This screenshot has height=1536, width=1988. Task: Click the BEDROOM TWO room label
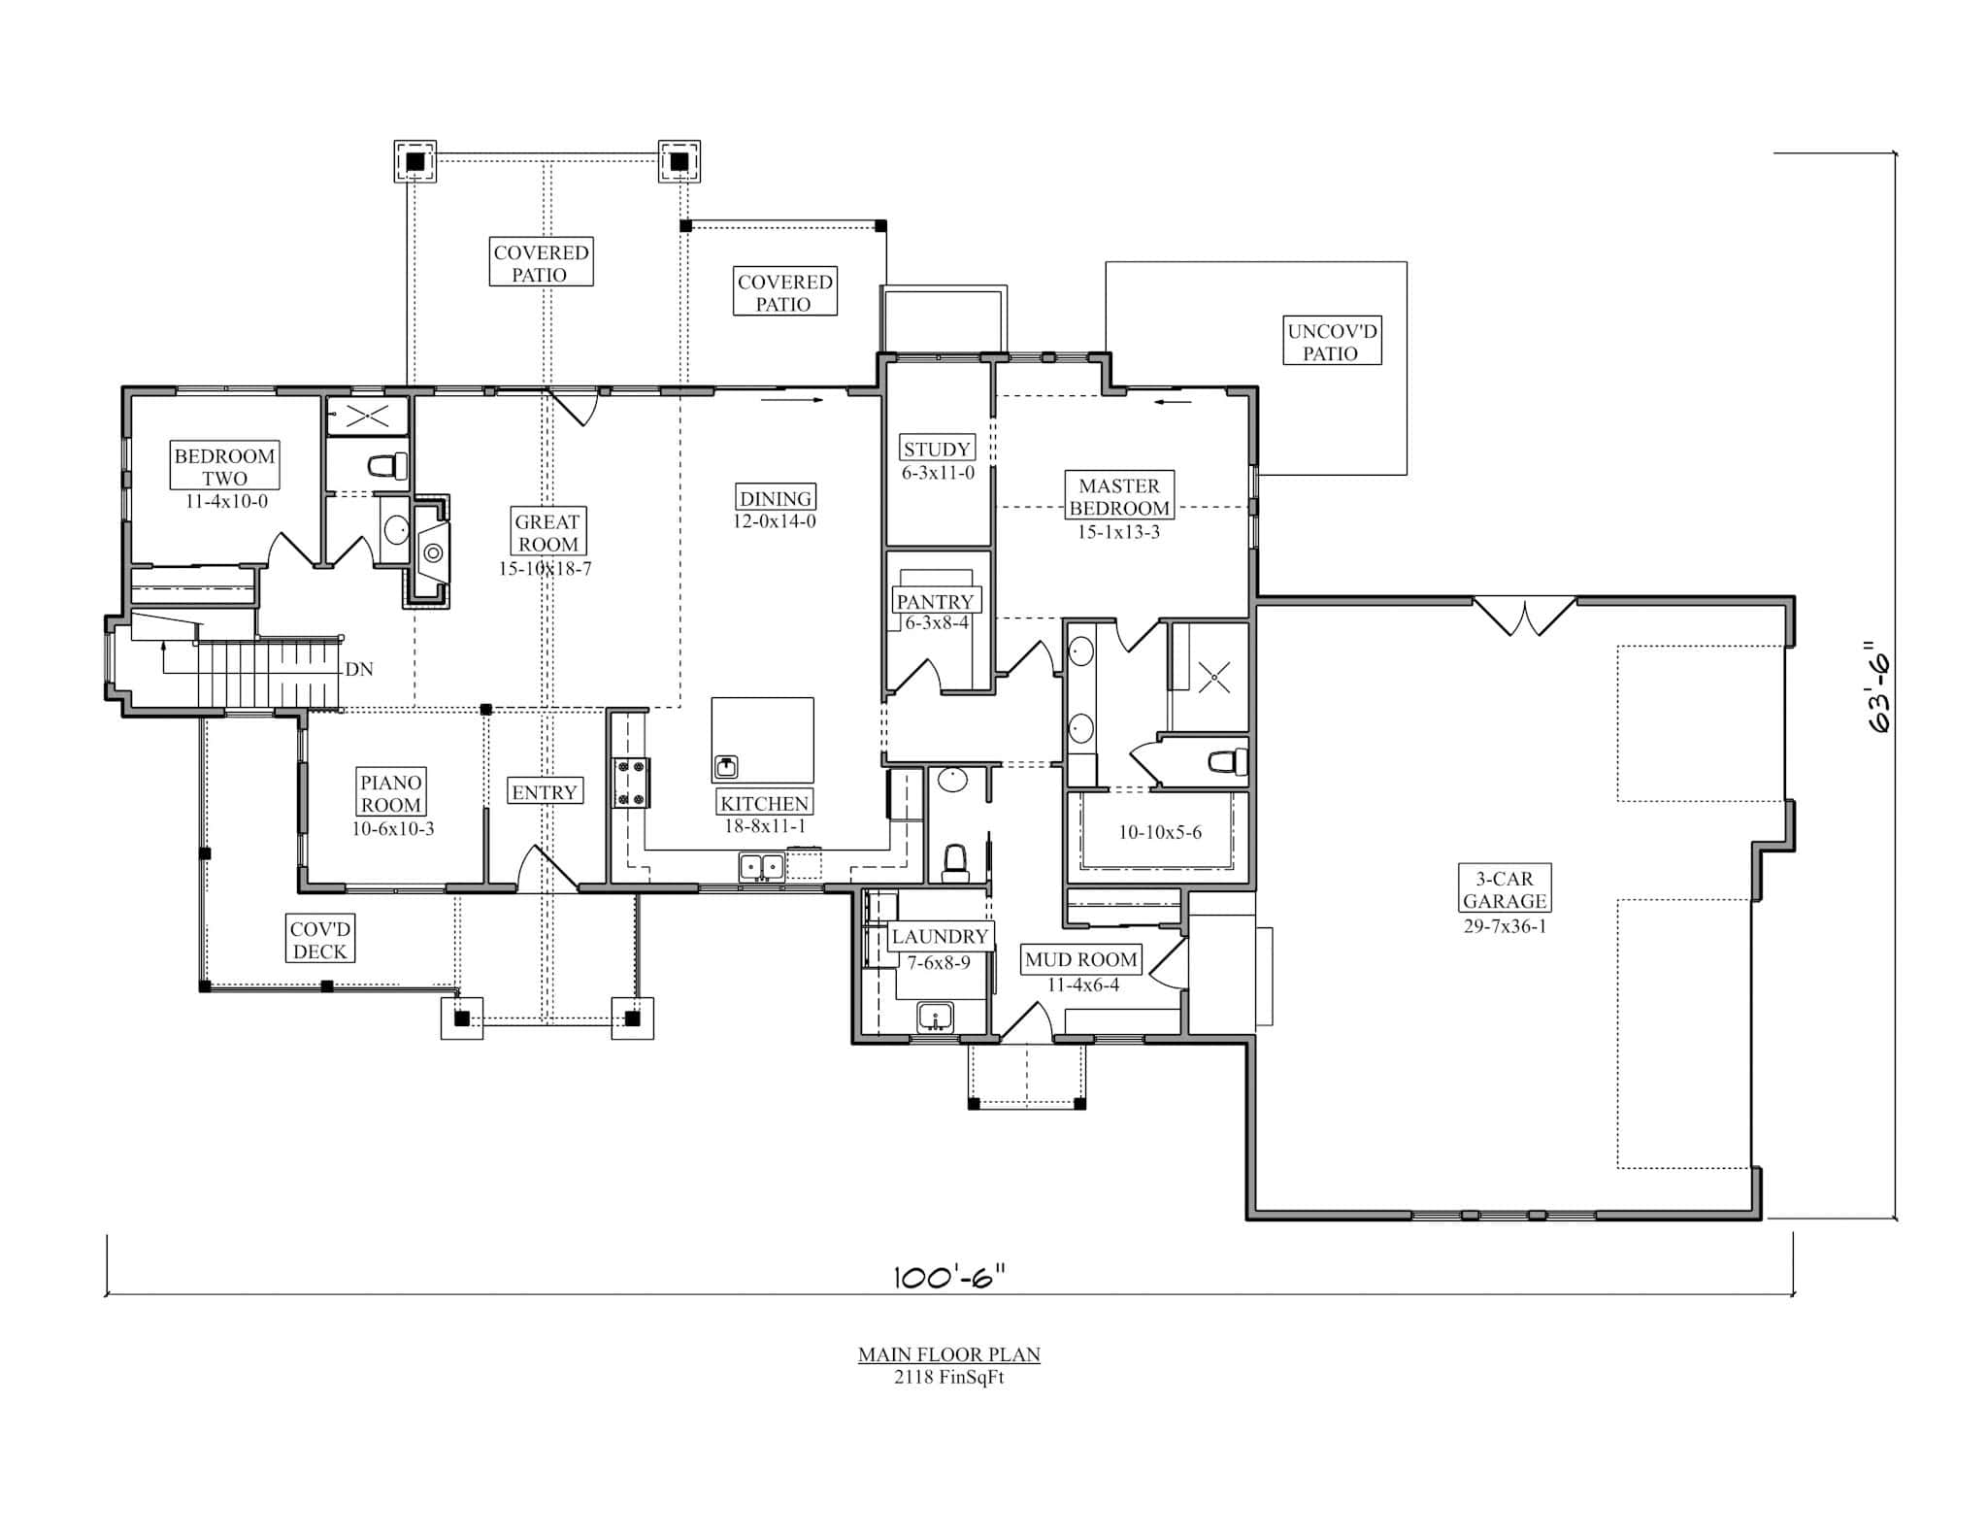point(224,467)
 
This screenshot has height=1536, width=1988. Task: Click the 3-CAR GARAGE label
point(1504,889)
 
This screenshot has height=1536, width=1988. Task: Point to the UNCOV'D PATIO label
point(1331,342)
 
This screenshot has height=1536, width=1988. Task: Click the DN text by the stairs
point(358,670)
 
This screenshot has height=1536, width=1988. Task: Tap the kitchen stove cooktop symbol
point(631,783)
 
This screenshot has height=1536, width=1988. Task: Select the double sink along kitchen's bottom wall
point(761,866)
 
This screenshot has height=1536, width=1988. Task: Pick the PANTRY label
point(934,601)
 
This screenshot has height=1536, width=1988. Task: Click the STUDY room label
point(936,449)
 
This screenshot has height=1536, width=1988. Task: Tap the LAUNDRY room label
point(939,937)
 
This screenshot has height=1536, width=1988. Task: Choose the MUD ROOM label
point(1080,960)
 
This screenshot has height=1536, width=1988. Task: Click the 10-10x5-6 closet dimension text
point(1159,832)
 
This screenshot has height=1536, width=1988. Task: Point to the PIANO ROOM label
point(391,793)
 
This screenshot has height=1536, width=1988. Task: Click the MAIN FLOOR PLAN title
point(948,1354)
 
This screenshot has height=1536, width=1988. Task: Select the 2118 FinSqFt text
point(948,1378)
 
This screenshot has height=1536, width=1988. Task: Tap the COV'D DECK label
point(319,940)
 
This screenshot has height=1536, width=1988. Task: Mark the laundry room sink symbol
point(936,1018)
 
